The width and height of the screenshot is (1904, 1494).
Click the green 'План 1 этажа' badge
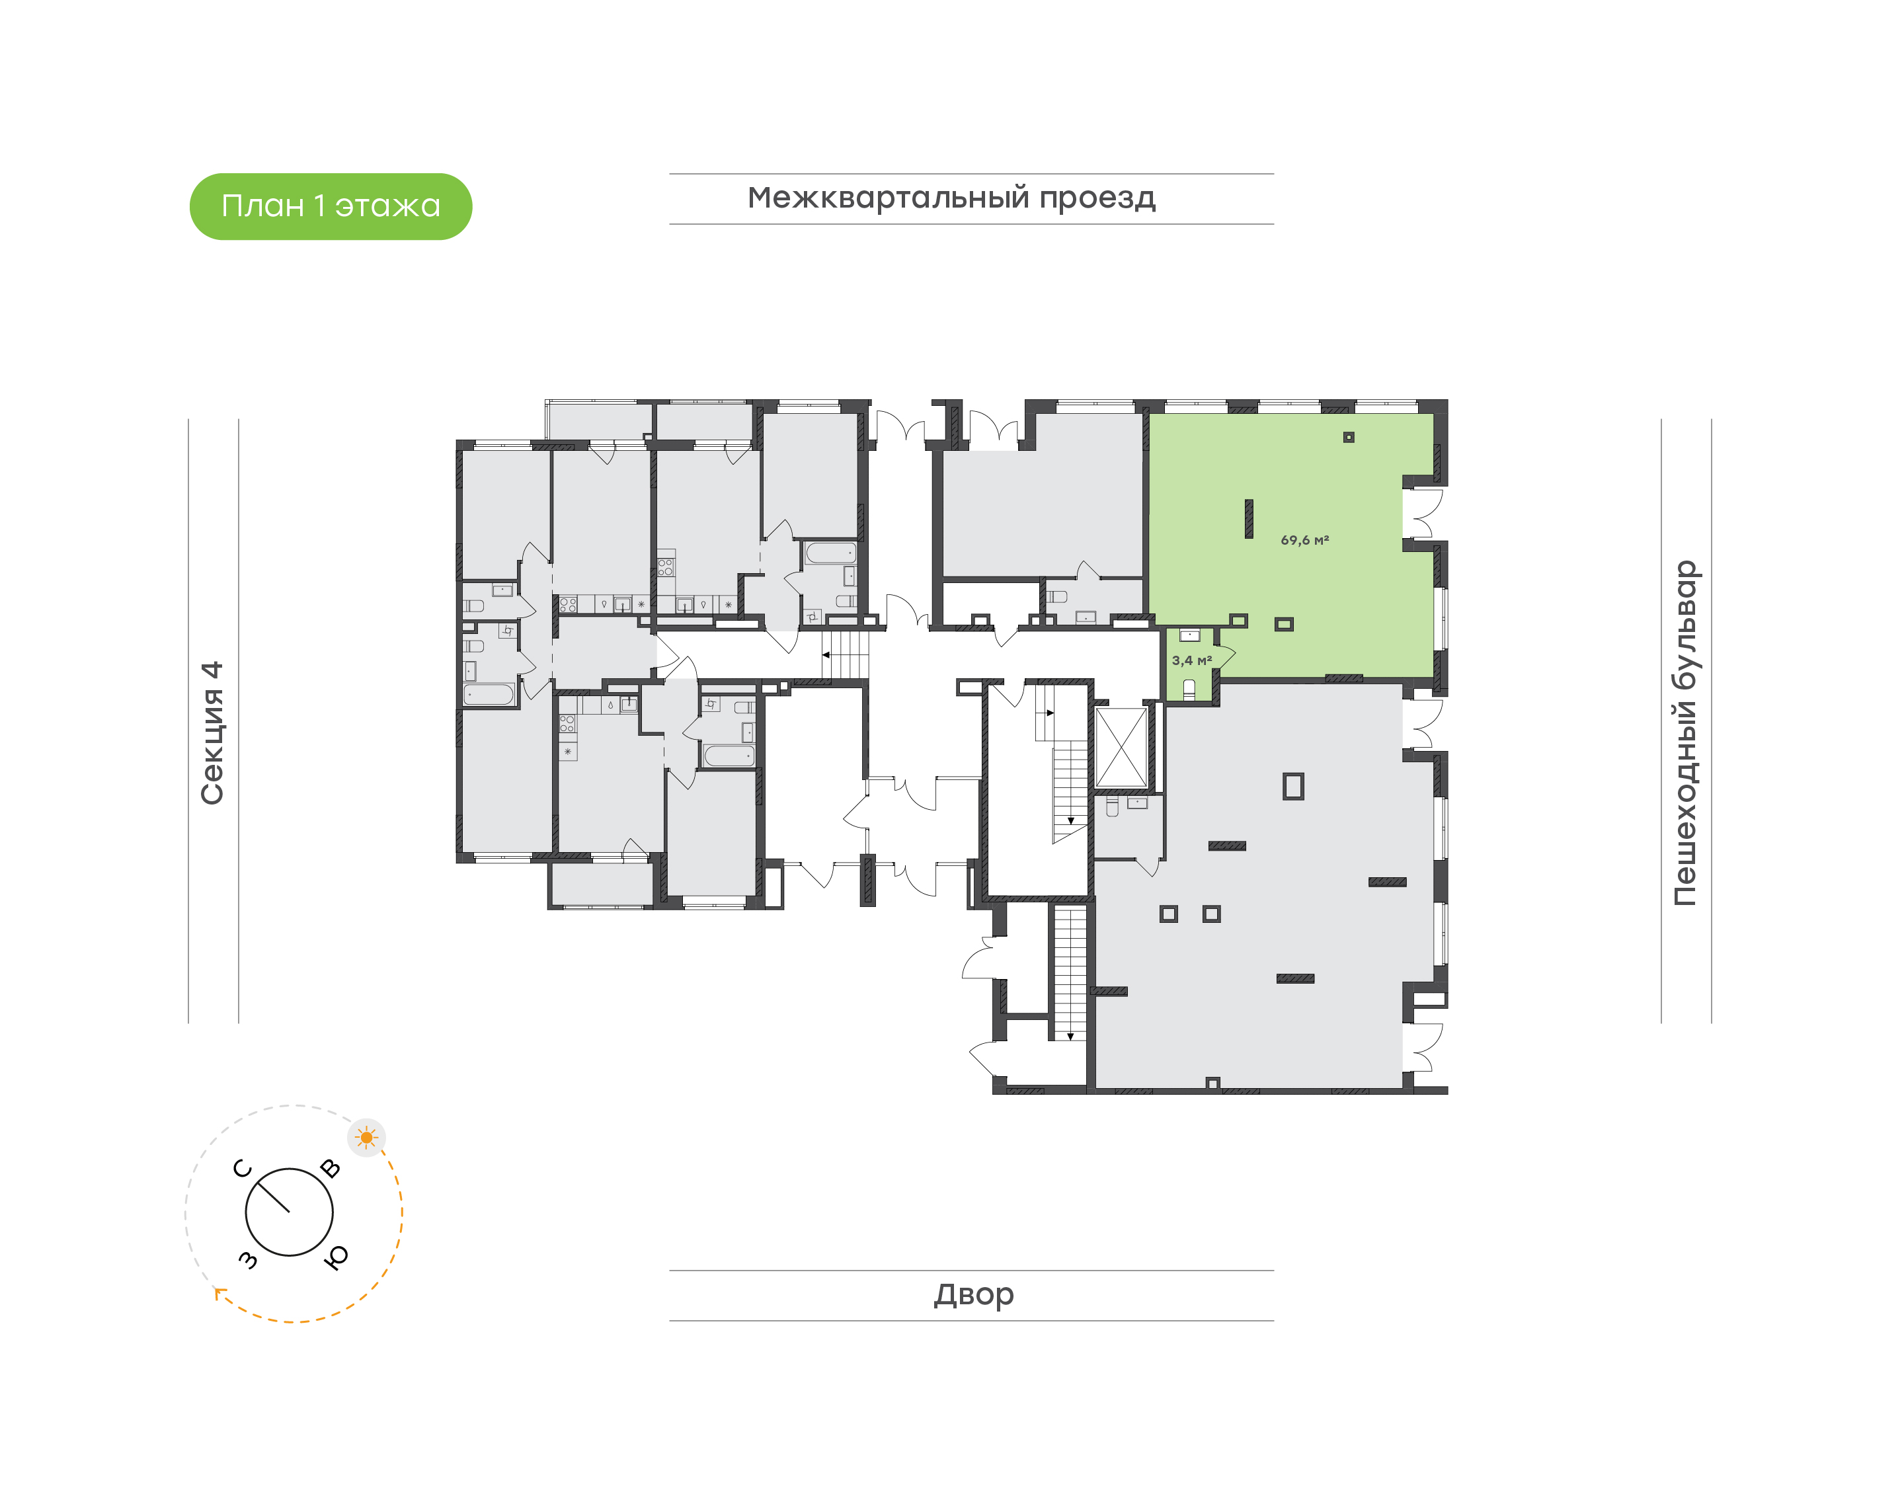point(331,206)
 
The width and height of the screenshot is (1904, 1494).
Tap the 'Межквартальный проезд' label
point(951,198)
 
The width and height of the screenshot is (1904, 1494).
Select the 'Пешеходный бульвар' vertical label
point(1685,733)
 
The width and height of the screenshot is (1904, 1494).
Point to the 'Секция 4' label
point(212,732)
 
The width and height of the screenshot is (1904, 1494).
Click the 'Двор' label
point(973,1294)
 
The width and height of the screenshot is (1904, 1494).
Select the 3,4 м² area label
point(1191,660)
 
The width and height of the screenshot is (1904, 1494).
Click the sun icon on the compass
point(366,1138)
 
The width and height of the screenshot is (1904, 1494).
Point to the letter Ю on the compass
point(336,1257)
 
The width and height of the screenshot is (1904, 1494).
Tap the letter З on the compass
point(249,1259)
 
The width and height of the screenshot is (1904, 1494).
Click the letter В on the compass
point(331,1167)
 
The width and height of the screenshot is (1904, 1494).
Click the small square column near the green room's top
point(1349,438)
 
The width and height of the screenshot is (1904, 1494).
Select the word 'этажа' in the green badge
point(387,206)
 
